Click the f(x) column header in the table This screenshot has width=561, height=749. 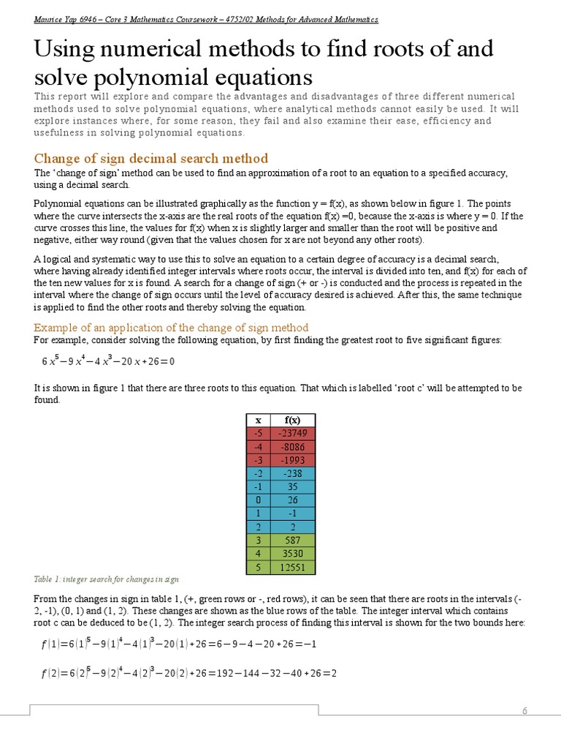click(292, 420)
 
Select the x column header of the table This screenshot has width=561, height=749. click(257, 420)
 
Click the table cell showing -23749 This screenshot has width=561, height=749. click(292, 434)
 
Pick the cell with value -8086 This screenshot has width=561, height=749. click(292, 447)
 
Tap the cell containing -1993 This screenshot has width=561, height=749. click(292, 460)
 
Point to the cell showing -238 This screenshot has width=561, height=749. click(292, 473)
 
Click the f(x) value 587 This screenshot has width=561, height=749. click(292, 541)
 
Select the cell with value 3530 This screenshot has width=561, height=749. click(292, 554)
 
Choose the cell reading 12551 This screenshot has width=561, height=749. click(292, 567)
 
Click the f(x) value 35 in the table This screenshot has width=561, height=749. click(292, 486)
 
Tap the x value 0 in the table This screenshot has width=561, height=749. click(257, 500)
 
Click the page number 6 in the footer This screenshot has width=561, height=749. click(524, 712)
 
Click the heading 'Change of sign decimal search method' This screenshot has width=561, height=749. click(151, 158)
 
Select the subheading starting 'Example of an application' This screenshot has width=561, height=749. click(172, 327)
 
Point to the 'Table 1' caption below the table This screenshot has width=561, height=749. click(107, 579)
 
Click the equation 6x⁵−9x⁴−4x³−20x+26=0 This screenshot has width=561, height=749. click(108, 362)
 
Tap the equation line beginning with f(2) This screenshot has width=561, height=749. click(188, 673)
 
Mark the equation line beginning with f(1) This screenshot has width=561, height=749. click(178, 644)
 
